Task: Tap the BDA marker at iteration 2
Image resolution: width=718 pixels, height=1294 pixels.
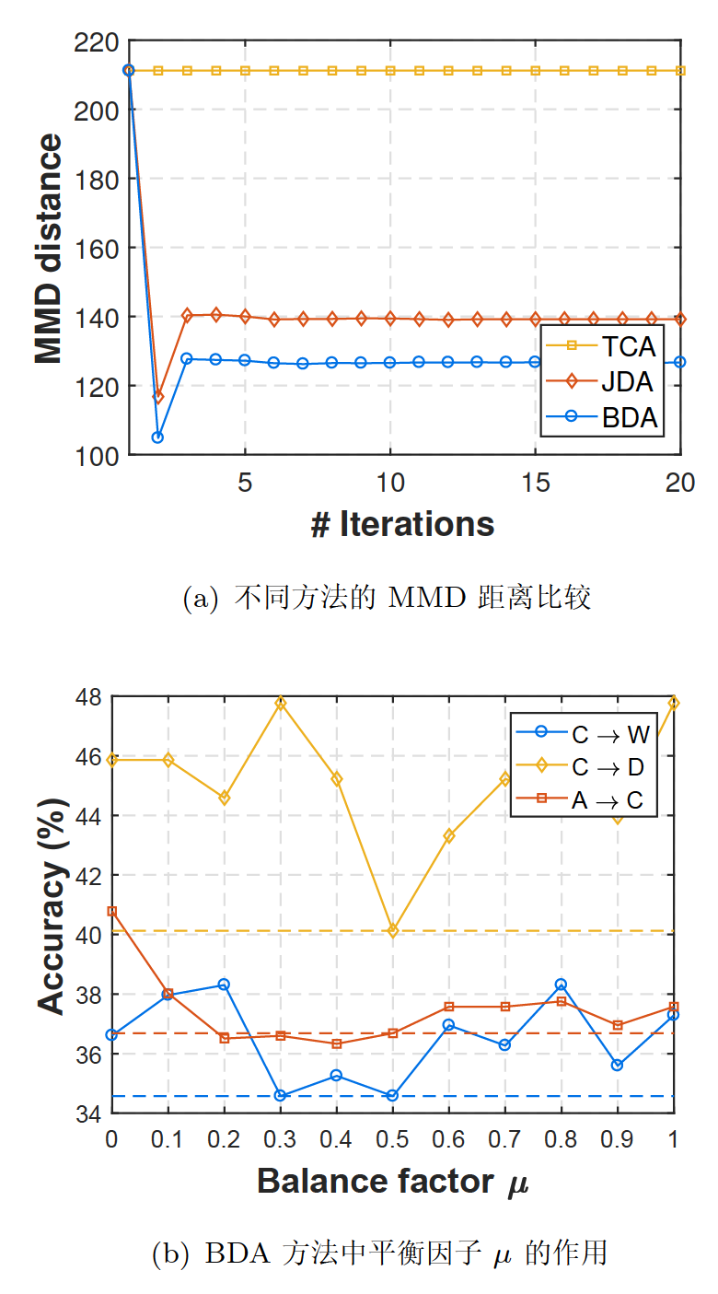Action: click(157, 437)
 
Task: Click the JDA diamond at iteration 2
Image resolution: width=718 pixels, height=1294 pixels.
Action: click(157, 397)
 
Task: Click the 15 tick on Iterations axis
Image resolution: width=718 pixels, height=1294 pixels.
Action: click(535, 484)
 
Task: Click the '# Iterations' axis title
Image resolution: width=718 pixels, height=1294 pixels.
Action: click(402, 525)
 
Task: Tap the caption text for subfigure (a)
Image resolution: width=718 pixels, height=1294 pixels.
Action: click(387, 599)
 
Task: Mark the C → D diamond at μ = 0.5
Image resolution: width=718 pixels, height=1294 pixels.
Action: click(393, 931)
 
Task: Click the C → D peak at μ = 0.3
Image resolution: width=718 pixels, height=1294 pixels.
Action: click(281, 703)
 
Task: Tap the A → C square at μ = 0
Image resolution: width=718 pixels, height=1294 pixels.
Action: click(112, 911)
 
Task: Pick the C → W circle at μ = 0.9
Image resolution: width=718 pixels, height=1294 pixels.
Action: click(617, 1065)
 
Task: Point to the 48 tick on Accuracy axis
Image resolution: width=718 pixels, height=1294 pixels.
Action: click(89, 696)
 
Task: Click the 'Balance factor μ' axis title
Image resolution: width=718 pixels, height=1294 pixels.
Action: click(392, 1182)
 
